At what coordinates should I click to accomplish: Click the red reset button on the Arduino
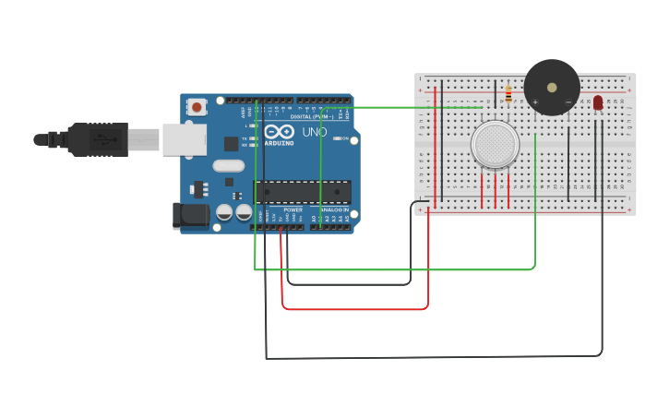[x=196, y=107]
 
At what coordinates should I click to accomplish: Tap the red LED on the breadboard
[x=598, y=102]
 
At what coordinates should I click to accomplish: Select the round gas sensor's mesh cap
[x=495, y=145]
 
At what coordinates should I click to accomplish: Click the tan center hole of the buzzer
[x=552, y=88]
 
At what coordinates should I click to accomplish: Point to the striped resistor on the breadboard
[x=508, y=93]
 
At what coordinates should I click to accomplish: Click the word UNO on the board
[x=315, y=132]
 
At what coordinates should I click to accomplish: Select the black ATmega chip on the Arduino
[x=303, y=192]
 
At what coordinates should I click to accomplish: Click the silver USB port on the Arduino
[x=184, y=139]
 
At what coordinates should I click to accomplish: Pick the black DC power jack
[x=190, y=216]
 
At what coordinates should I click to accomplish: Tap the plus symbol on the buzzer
[x=535, y=102]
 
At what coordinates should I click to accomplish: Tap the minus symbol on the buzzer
[x=567, y=102]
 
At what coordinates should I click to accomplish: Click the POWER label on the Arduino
[x=293, y=210]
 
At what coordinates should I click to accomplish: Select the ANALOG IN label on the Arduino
[x=333, y=210]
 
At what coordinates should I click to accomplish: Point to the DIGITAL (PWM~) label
[x=309, y=117]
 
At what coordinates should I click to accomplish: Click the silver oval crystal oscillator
[x=228, y=166]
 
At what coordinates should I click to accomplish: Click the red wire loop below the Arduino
[x=355, y=308]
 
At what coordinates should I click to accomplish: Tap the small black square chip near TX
[x=231, y=144]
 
